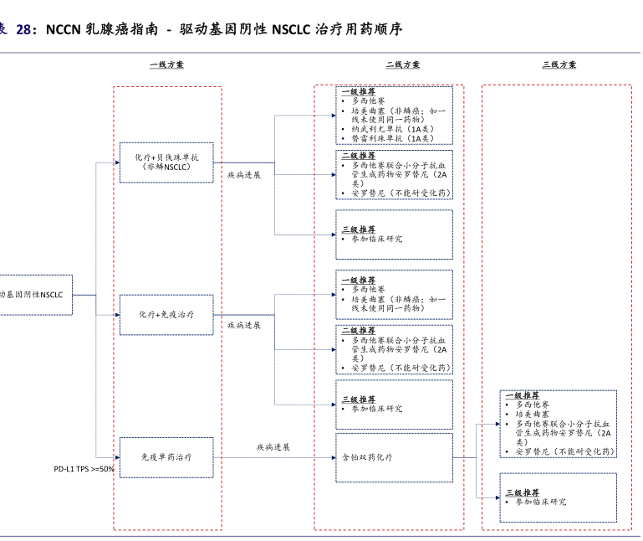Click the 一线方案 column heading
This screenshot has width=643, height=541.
pos(167,64)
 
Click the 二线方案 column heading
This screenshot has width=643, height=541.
pos(403,64)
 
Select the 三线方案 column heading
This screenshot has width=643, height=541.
pos(559,64)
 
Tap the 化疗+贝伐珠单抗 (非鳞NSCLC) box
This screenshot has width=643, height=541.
pos(166,162)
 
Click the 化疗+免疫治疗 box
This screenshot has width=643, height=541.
pos(166,314)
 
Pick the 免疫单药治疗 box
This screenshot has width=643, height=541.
pos(166,457)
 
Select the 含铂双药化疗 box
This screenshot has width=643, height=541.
pos(367,457)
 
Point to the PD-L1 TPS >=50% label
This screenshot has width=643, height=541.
pos(84,469)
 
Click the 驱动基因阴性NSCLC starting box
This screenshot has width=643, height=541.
pos(33,295)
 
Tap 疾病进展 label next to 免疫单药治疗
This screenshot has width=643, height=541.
pos(273,447)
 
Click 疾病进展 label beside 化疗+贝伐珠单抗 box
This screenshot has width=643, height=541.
pos(244,175)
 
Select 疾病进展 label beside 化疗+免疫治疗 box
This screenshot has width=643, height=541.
pos(244,324)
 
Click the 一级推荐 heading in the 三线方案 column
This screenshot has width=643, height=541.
pos(523,395)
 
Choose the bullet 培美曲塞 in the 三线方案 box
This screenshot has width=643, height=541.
pos(533,414)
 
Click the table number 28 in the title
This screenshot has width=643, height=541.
pos(25,30)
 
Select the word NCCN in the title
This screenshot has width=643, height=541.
pos(63,30)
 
